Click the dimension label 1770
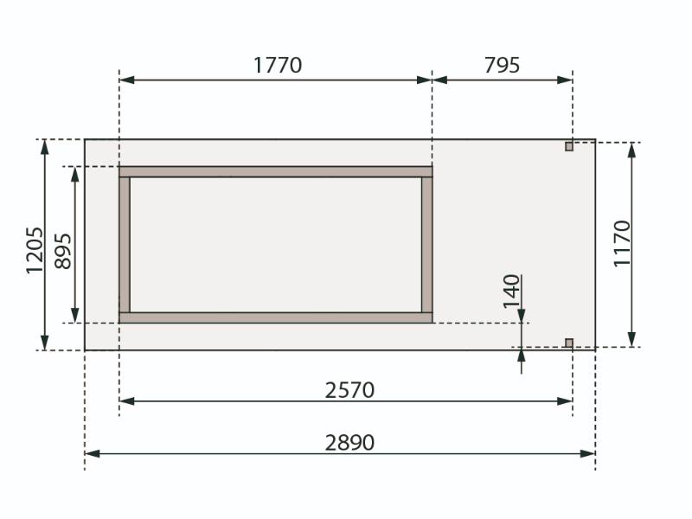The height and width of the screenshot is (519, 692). [x=278, y=66]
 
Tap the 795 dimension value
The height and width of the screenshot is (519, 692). [x=503, y=66]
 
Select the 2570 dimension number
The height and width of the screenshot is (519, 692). [x=349, y=390]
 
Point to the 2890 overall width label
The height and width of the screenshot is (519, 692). [x=349, y=442]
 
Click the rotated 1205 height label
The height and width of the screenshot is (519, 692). [x=35, y=251]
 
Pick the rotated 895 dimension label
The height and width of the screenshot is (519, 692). [x=62, y=251]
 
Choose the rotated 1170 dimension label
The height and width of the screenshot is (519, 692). [x=622, y=243]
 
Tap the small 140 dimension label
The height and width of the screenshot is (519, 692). [x=512, y=292]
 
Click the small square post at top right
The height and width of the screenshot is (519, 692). [x=569, y=146]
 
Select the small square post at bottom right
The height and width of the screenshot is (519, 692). [x=569, y=343]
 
